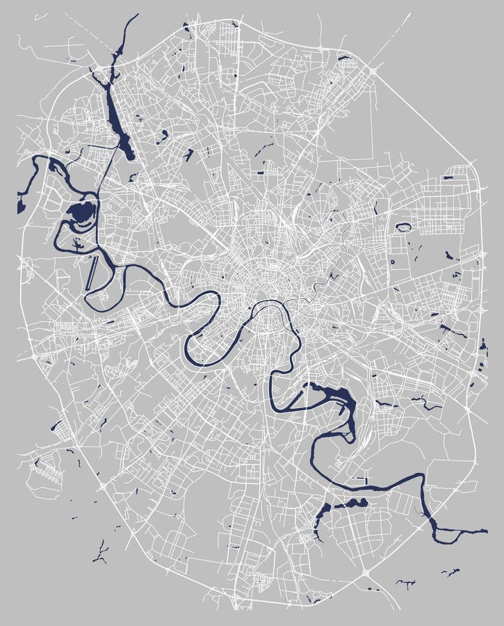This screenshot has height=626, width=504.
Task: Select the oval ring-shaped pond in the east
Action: pyautogui.click(x=403, y=227)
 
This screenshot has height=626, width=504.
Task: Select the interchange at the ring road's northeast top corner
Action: pyautogui.click(x=376, y=69)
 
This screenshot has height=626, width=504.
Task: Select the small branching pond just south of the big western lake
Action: pyautogui.click(x=75, y=242)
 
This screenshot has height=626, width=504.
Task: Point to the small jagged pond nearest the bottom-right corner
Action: pyautogui.click(x=451, y=572)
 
